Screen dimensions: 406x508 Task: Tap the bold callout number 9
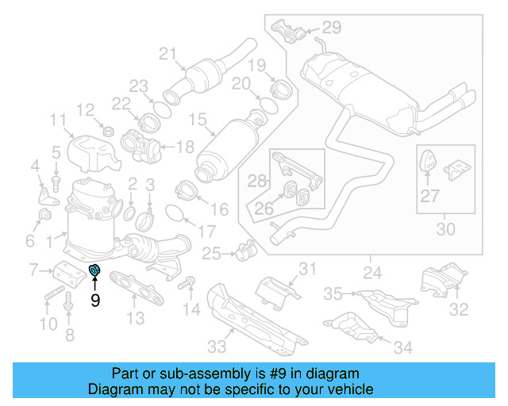pos(94,301)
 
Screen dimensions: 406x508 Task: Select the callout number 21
pos(167,54)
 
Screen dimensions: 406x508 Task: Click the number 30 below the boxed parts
pos(446,229)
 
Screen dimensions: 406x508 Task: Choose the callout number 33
pos(217,346)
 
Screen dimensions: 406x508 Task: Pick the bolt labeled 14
pos(188,282)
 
